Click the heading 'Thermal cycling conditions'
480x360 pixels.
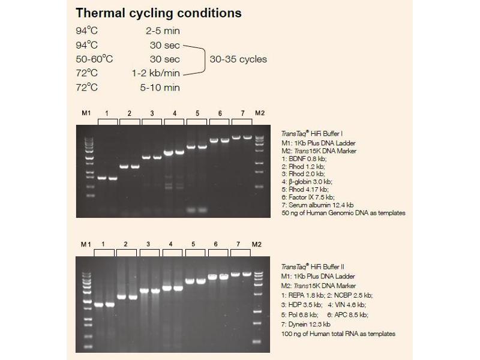pos(159,13)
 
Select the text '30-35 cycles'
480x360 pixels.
pos(238,59)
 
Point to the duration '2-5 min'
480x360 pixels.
pos(165,31)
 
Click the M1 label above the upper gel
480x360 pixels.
pos(85,113)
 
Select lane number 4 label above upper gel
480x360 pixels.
pos(174,113)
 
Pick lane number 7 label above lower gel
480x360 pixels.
pos(238,245)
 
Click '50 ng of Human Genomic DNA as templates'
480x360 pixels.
pos(343,213)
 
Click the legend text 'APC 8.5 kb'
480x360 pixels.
pos(351,314)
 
